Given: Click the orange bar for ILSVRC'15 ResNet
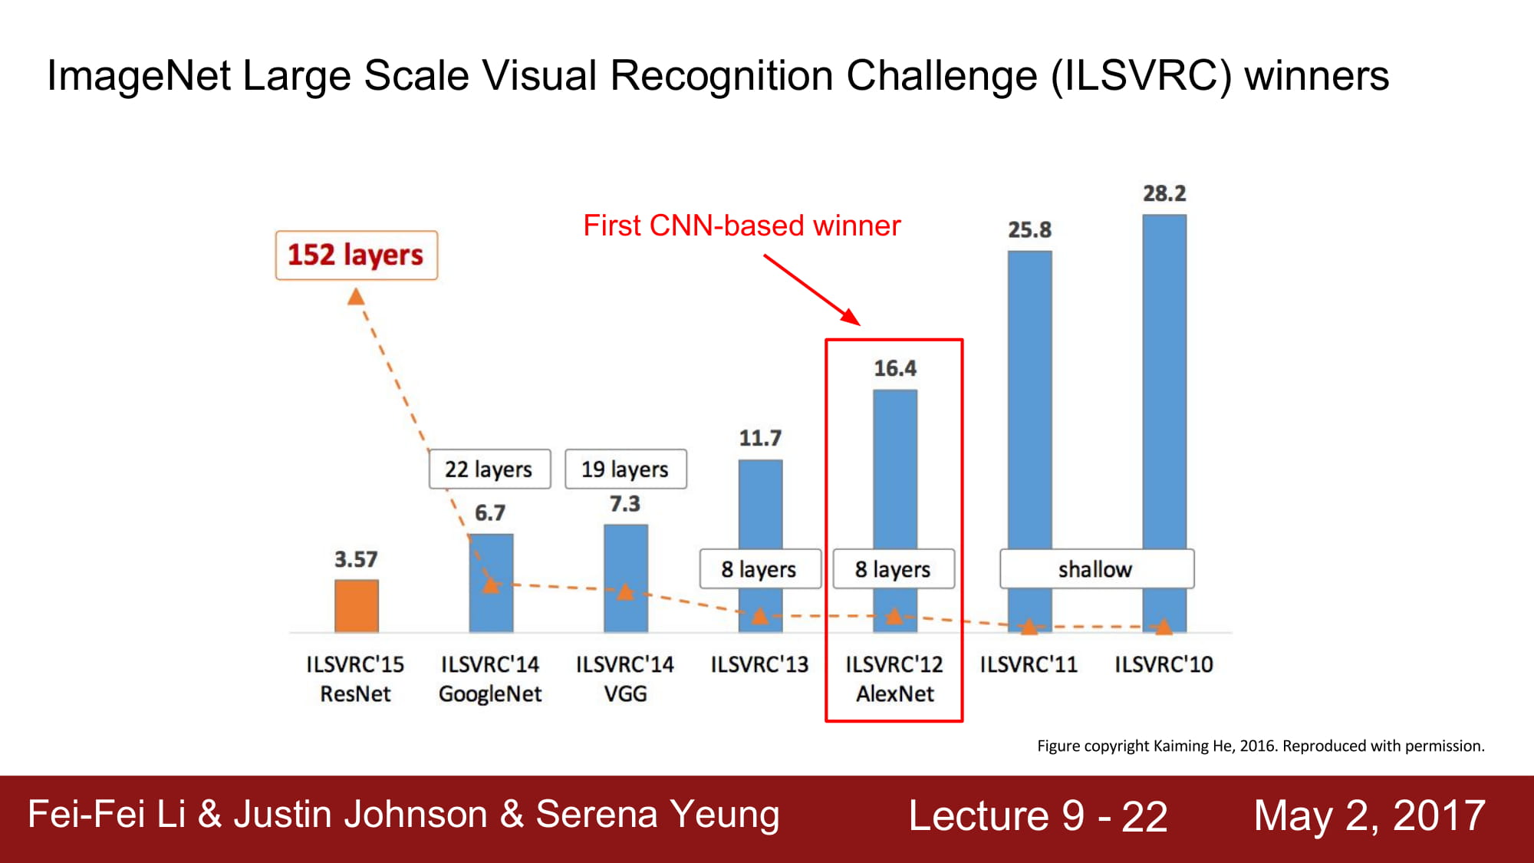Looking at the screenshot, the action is coord(357,606).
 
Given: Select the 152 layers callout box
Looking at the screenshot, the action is coord(357,255).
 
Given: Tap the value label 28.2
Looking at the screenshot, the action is coord(1164,193).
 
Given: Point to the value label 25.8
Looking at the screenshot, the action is coord(1029,230).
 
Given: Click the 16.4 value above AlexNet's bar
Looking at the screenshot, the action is coord(895,369).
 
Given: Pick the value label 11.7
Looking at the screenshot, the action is coord(760,439).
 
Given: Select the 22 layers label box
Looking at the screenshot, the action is coord(489,469).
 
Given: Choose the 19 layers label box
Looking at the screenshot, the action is coord(626,469).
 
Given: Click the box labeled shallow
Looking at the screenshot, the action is coord(1097,569).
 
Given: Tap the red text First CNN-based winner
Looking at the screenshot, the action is coord(742,226).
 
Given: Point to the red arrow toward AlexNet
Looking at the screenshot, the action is coord(812,291).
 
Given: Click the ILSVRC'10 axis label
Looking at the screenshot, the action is coord(1164,664).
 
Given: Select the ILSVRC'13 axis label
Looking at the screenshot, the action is coord(759,664).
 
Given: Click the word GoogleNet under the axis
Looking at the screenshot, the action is coord(490,694).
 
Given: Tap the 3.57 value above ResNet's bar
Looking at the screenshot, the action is coord(356,560).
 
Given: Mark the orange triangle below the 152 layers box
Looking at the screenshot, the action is coord(356,297).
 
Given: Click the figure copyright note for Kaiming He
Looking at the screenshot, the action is coord(1261,746).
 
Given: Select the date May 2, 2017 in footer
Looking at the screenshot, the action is coord(1370,815).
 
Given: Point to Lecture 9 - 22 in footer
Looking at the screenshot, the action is coord(1038,815).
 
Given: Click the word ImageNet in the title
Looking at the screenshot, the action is coord(139,76).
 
